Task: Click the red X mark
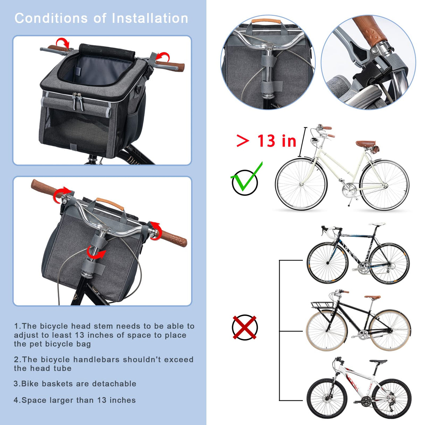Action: (245, 327)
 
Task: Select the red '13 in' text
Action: (277, 141)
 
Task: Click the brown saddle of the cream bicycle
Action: (365, 144)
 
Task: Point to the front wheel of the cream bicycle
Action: (301, 184)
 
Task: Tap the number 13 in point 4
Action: (102, 400)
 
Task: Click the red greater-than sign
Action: (243, 141)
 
